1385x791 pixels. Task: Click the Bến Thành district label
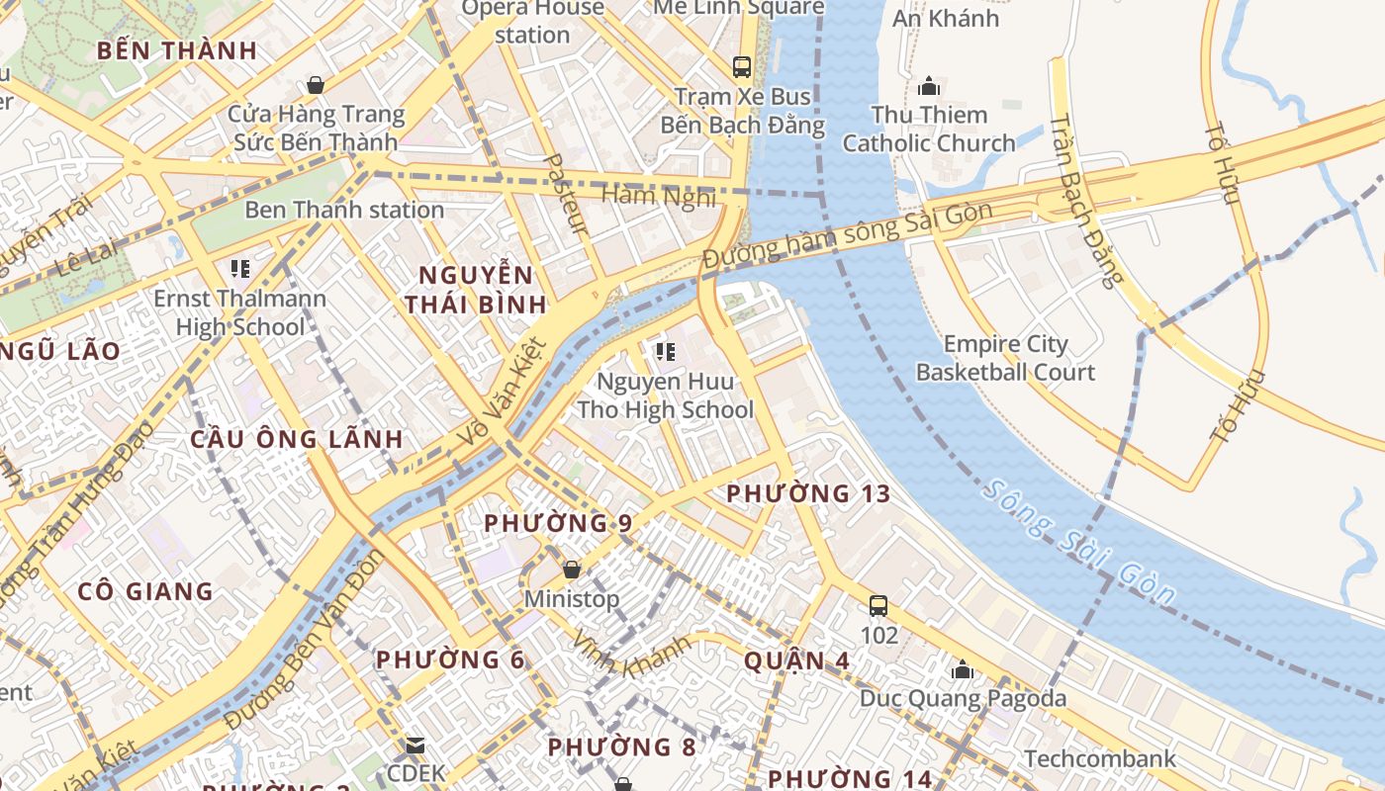[176, 50]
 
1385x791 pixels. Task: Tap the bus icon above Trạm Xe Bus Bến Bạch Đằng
[741, 67]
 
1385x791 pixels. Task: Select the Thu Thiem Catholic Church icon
[928, 86]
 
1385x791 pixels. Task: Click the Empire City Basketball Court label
[1005, 358]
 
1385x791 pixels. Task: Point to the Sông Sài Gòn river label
[1080, 542]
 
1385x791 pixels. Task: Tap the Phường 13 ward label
[808, 493]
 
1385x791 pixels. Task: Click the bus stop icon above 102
[877, 605]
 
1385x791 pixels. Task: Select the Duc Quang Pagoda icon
[962, 669]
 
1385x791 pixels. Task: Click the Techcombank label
[1100, 758]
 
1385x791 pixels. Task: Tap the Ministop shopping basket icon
[571, 569]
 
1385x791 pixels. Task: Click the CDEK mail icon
[415, 744]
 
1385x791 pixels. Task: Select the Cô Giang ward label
[145, 591]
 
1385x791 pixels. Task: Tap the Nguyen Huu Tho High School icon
[665, 351]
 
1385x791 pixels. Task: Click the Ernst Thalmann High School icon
[239, 268]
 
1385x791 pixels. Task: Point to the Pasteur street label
[567, 194]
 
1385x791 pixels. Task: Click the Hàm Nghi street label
[659, 196]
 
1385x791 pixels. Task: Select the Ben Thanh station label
[343, 210]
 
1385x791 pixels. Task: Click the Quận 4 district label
[783, 659]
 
